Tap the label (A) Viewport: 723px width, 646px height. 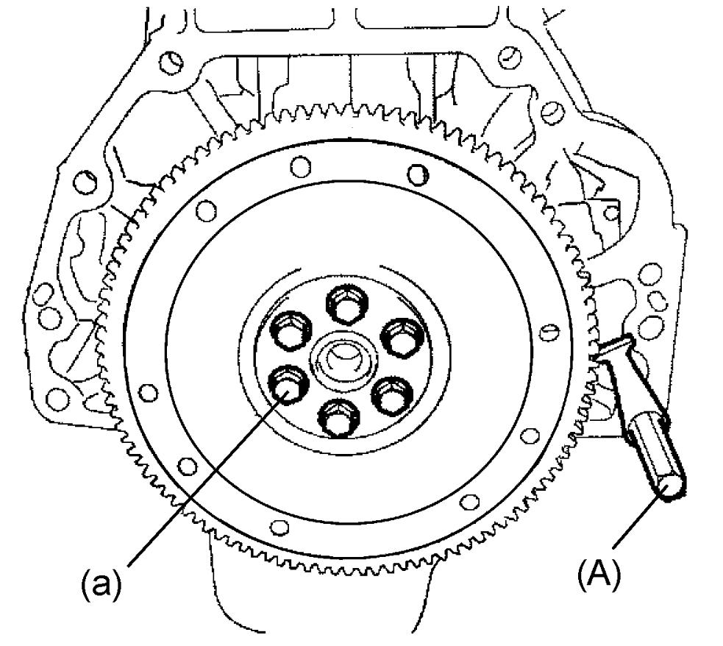click(599, 573)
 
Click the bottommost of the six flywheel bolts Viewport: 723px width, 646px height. click(337, 416)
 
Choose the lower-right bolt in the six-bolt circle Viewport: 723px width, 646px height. click(391, 394)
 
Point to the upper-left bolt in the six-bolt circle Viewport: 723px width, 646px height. click(290, 329)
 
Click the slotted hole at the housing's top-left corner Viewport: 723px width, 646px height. click(171, 63)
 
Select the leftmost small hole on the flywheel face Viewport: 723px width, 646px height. click(148, 393)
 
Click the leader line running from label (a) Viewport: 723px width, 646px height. click(208, 478)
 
